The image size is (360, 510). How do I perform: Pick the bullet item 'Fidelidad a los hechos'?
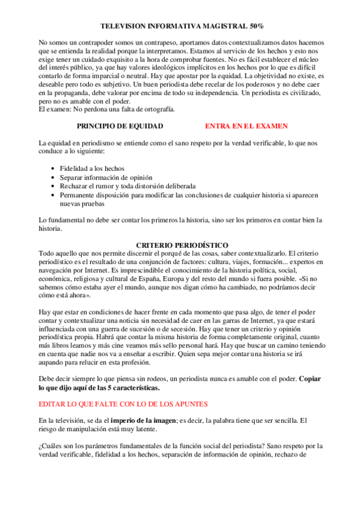pyautogui.click(x=92, y=169)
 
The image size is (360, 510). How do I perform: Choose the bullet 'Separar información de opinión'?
pyautogui.click(x=106, y=177)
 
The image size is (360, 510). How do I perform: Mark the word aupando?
pyautogui.click(x=52, y=364)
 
